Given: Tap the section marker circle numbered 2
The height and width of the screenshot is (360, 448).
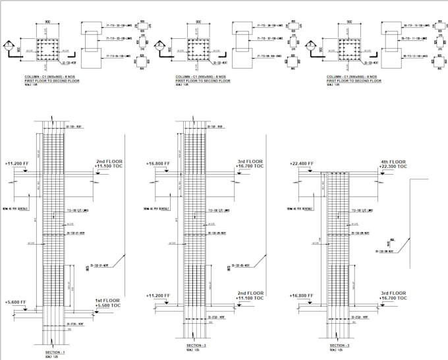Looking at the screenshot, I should point(159,47).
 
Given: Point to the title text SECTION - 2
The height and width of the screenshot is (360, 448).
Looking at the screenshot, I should point(198,345).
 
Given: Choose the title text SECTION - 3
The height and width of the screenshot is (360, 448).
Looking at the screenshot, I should point(341,345).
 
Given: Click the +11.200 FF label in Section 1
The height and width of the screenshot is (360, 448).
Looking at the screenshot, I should point(16,162).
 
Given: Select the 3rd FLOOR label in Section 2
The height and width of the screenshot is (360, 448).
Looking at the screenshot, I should point(250,161).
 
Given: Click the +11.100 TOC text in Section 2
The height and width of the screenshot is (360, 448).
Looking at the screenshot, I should point(250,299).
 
